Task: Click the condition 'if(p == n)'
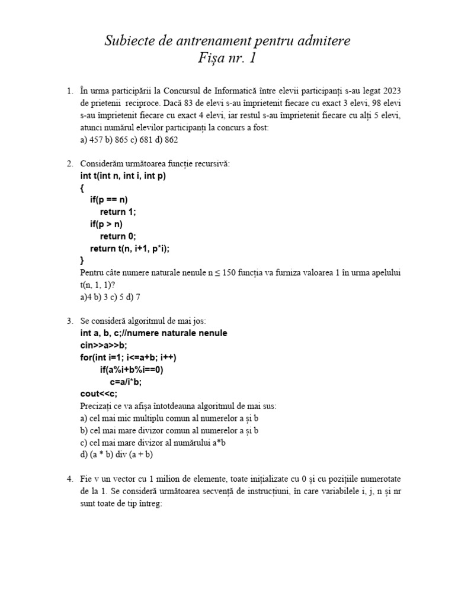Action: coord(109,200)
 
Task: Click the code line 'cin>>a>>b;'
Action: coord(104,346)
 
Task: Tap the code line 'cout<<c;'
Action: coord(98,394)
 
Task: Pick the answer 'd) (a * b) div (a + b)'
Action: coord(116,454)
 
